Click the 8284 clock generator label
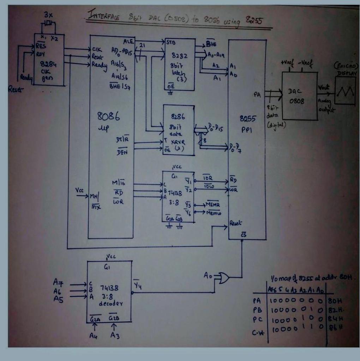click(48, 65)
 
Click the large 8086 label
click(108, 116)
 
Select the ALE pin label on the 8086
click(128, 41)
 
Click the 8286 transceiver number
click(178, 116)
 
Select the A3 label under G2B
click(115, 336)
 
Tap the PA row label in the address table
click(257, 301)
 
